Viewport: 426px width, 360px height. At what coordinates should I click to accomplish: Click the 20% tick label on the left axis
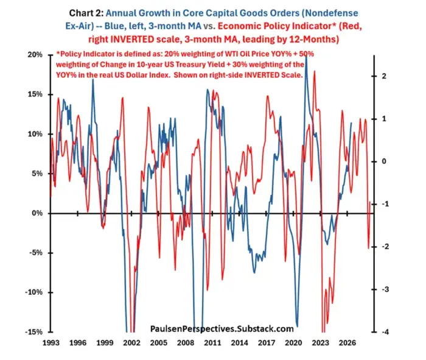pos(35,55)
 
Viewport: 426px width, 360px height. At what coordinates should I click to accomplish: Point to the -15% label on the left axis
pos(33,332)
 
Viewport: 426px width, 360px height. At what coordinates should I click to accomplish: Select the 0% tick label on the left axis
pos(37,213)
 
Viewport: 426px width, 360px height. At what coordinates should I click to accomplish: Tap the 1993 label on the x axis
pos(51,342)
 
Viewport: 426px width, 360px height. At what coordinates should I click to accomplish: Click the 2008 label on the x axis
pos(186,342)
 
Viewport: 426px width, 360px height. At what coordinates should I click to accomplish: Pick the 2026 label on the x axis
pos(347,342)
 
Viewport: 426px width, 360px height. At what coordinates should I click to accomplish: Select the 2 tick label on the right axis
pos(384,76)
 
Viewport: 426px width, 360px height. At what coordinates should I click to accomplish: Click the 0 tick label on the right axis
pos(384,161)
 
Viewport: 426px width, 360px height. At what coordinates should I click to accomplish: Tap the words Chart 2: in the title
pos(86,13)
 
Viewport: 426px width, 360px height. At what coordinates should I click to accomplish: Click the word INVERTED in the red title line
pos(132,39)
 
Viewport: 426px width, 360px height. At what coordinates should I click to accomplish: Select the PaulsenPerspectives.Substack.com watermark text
pos(222,328)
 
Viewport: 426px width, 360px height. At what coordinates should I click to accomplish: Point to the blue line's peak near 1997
pos(93,79)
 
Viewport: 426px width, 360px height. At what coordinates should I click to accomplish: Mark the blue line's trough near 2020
pos(297,326)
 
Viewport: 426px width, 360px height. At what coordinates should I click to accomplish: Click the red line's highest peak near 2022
pos(315,71)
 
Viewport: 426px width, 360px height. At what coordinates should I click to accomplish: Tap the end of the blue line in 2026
pos(351,123)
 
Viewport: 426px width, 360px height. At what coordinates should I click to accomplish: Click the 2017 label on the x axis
pos(267,342)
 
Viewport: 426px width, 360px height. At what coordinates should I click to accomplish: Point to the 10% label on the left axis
pos(35,134)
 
